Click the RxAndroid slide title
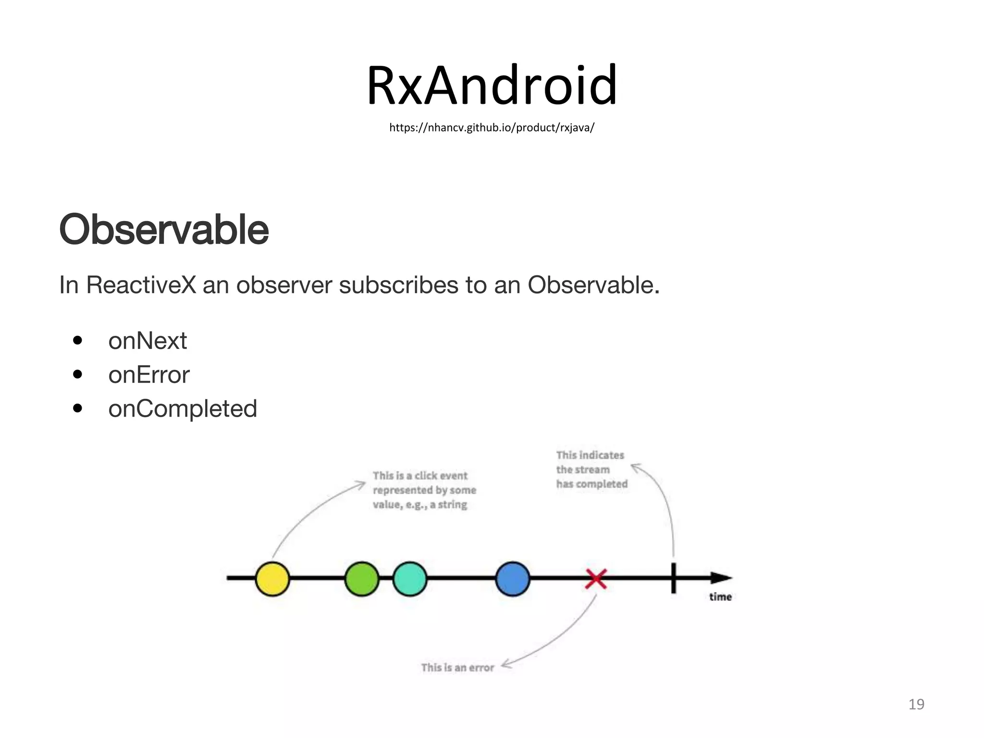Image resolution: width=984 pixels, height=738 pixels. (x=492, y=86)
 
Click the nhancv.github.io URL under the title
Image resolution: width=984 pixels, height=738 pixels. (x=492, y=128)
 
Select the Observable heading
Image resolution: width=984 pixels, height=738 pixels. (x=163, y=230)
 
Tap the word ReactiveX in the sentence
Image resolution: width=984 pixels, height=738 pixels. (x=141, y=285)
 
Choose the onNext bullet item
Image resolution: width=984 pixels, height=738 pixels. (x=148, y=341)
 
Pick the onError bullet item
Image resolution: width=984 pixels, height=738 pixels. (x=149, y=375)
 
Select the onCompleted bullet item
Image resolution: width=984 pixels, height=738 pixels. (x=183, y=409)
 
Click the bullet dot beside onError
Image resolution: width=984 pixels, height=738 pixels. (x=77, y=375)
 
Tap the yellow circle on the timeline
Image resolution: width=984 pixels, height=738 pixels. (x=272, y=579)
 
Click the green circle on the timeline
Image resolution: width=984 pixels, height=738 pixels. (x=362, y=579)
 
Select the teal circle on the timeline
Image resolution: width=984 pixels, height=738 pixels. (x=410, y=579)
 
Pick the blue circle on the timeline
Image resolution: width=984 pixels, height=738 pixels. (x=513, y=579)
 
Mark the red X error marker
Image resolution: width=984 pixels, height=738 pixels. (x=596, y=579)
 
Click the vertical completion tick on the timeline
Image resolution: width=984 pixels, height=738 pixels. (x=674, y=578)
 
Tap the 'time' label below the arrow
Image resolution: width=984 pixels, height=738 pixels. (x=720, y=597)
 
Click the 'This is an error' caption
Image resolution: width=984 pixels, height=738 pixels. (x=457, y=668)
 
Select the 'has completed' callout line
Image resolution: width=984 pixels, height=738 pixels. (x=592, y=484)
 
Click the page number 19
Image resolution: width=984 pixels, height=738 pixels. (x=916, y=704)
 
